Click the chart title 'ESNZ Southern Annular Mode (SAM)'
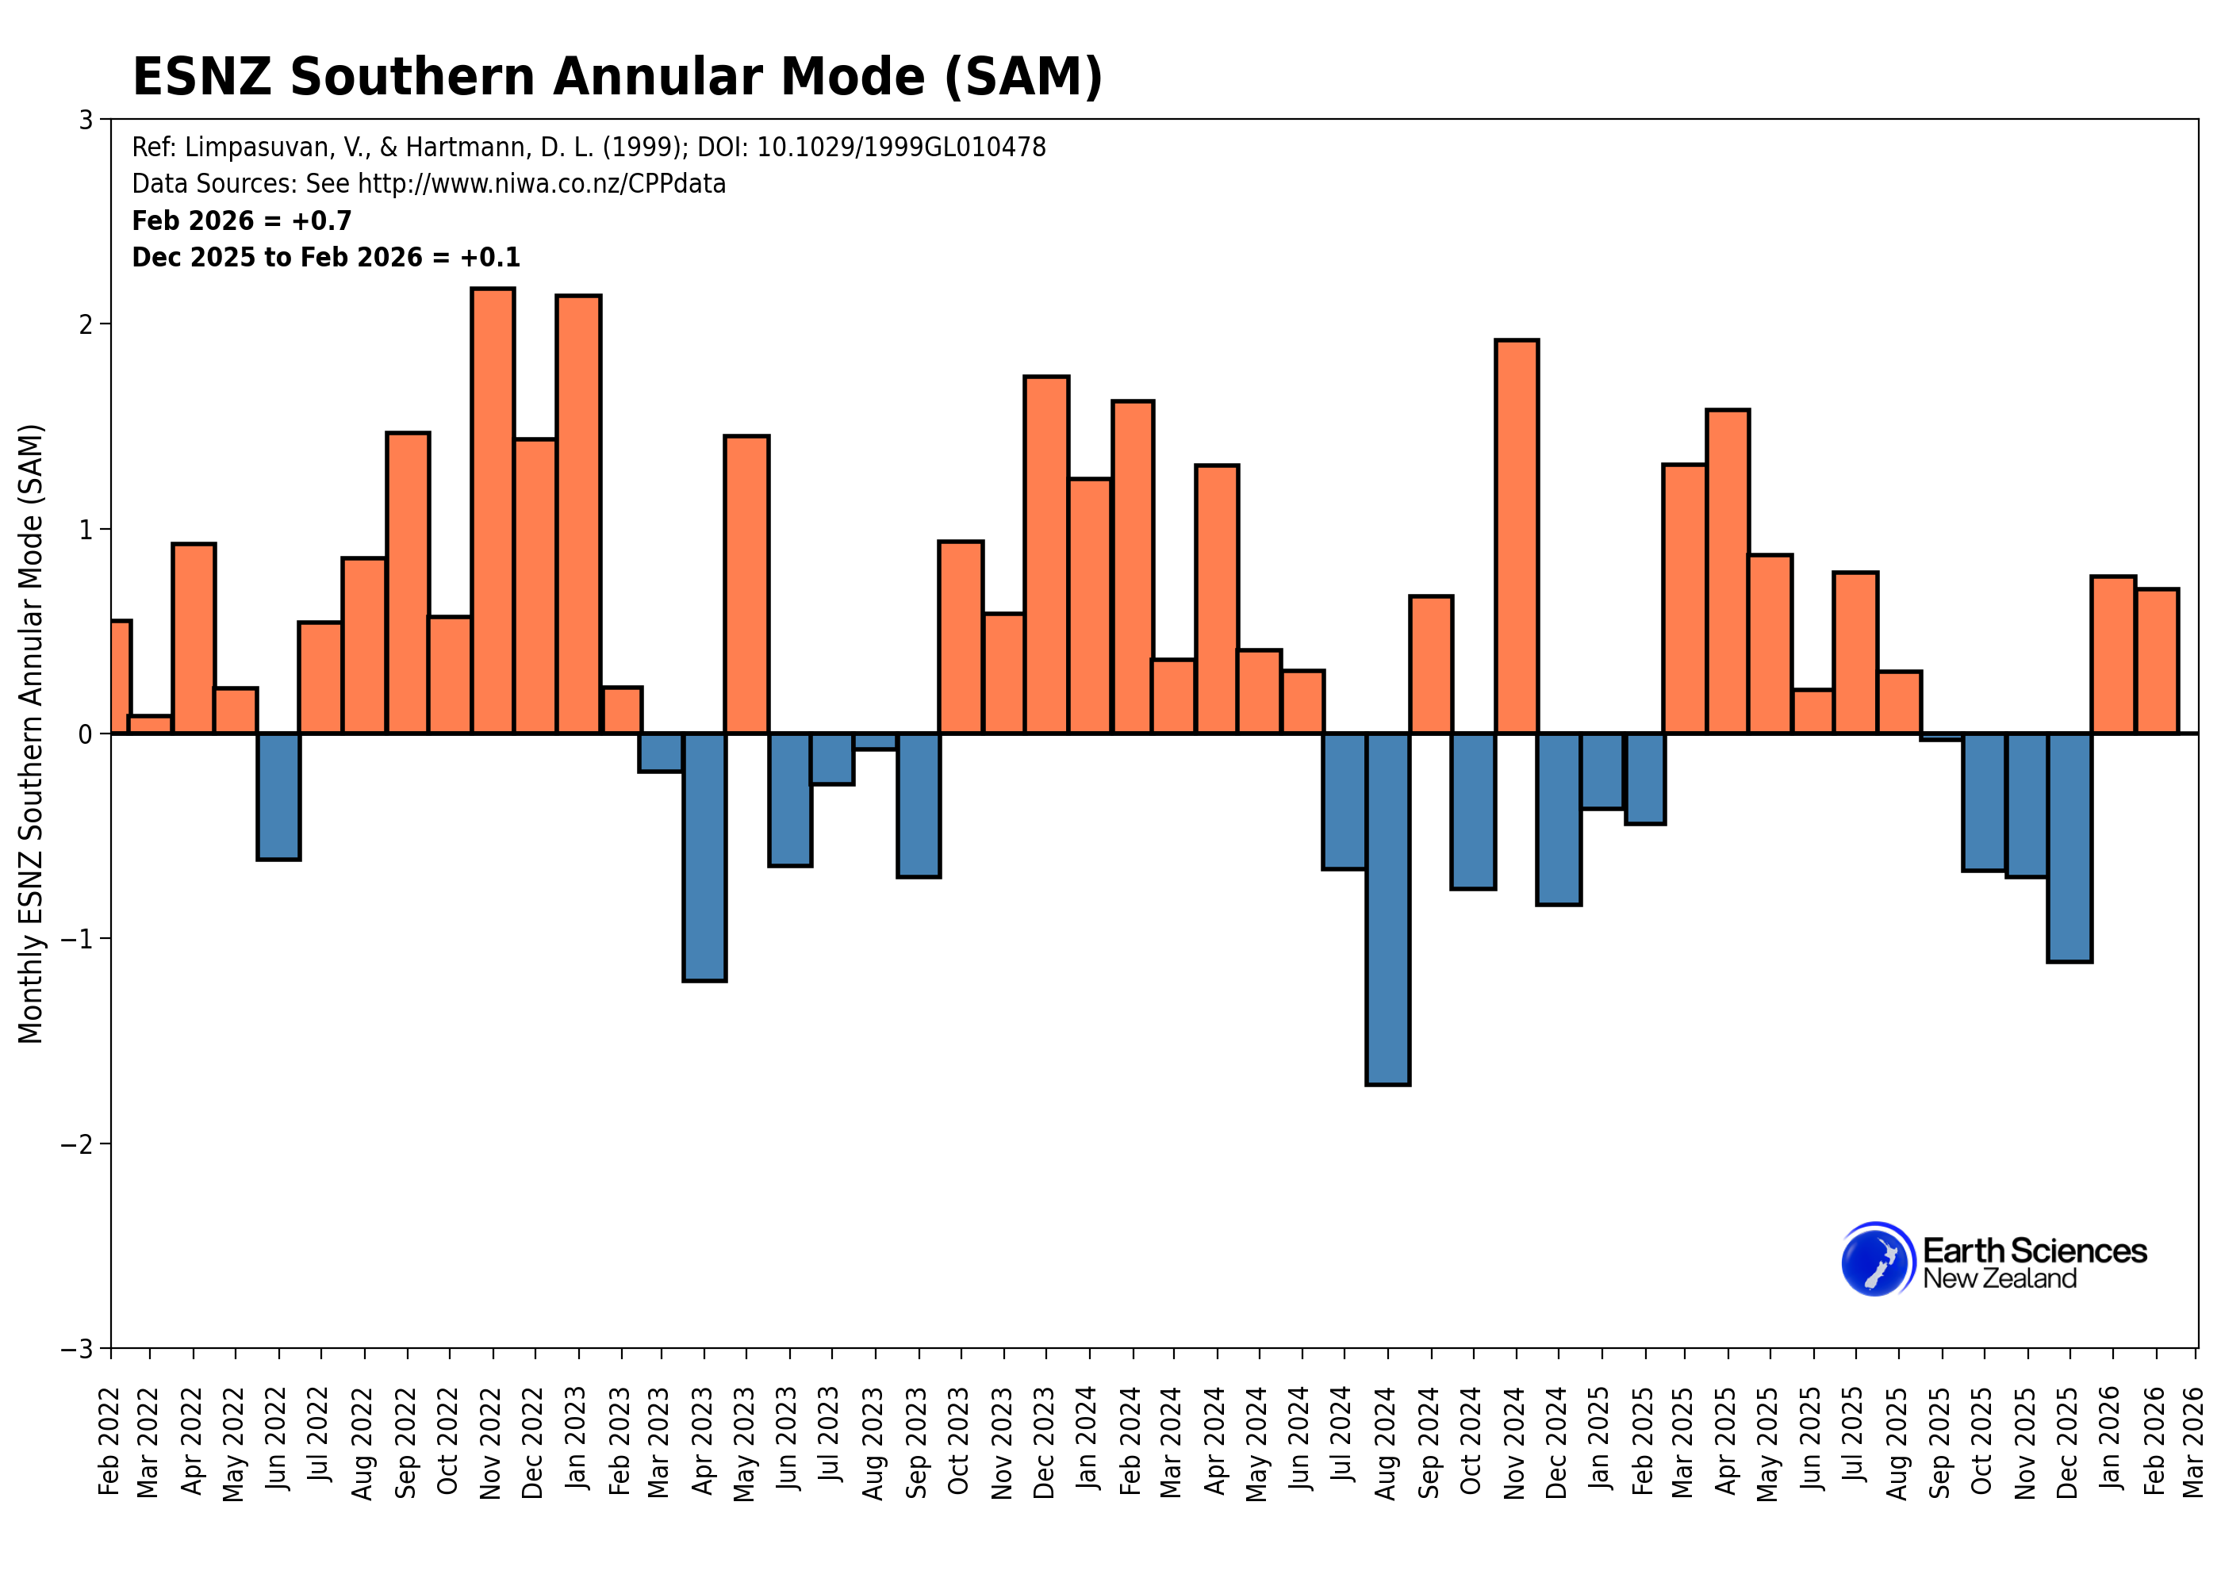(x=616, y=76)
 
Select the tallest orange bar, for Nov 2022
(x=493, y=510)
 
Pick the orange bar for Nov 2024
(x=1516, y=536)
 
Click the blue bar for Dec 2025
(x=2069, y=847)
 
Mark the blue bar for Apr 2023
(x=704, y=856)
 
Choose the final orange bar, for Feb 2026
(x=2157, y=661)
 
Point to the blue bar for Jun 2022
(x=278, y=796)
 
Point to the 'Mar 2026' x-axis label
(x=2192, y=1442)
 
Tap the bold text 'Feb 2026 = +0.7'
(x=241, y=220)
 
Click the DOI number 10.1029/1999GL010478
(x=900, y=147)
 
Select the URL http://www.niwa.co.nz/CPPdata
(x=541, y=184)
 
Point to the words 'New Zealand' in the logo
(x=1999, y=1279)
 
